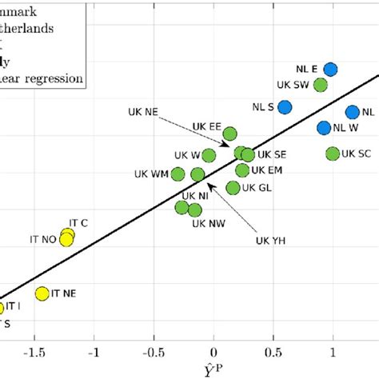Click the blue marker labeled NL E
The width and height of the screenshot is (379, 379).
(x=330, y=70)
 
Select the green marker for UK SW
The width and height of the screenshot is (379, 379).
(x=321, y=85)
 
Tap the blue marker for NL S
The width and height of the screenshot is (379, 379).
(x=285, y=106)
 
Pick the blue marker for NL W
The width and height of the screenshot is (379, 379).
(x=324, y=127)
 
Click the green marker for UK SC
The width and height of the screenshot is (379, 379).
(x=333, y=154)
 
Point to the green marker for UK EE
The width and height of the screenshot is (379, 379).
(x=229, y=134)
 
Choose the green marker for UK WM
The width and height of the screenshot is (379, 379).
(x=178, y=174)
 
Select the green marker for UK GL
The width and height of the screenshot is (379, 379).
(x=233, y=188)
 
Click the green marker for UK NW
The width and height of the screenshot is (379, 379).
(x=194, y=210)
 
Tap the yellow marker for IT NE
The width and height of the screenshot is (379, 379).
(x=42, y=293)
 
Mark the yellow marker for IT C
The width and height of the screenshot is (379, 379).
(x=68, y=234)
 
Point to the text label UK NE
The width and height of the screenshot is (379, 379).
(x=142, y=112)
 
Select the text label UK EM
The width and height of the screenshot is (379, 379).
(x=266, y=170)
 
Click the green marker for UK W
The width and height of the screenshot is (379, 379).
(x=209, y=155)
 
